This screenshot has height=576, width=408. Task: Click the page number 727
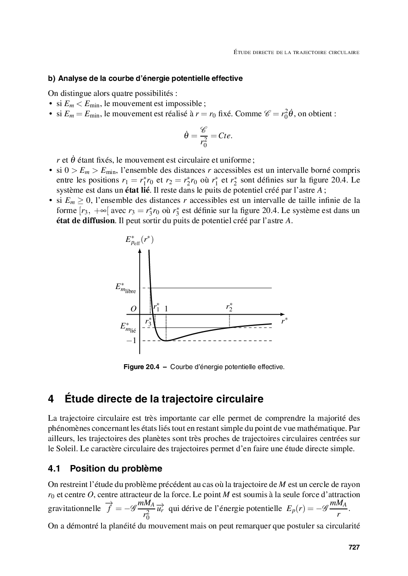pos(354,548)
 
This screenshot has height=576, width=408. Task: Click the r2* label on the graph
pos(230,307)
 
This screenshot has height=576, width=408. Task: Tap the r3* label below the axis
pos(148,322)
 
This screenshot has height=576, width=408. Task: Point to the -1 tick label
pos(131,341)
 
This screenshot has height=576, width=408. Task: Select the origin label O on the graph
pos(133,309)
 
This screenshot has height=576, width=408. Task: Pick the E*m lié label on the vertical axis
pos(128,328)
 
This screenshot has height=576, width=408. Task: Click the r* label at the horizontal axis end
pos(284,321)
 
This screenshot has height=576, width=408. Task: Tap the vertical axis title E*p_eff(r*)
pos(139,240)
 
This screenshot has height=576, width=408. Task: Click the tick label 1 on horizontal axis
pos(166,309)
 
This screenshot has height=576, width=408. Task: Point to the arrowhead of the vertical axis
pos(140,250)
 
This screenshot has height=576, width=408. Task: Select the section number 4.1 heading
pos(54,469)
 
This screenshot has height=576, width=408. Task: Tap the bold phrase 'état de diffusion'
pos(85,221)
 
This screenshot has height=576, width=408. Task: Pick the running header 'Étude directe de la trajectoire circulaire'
pos(297,52)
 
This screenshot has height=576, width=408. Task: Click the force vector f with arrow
pos(109,508)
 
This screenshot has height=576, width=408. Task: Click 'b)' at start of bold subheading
pos(52,78)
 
